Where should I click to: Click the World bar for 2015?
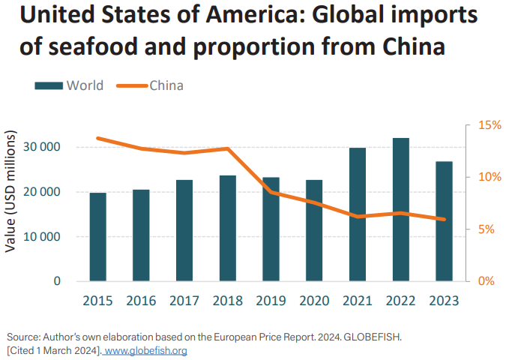pyautogui.click(x=98, y=237)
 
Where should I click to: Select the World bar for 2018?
pyautogui.click(x=228, y=228)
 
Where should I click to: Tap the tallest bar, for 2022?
pyautogui.click(x=401, y=209)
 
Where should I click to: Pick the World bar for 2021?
pyautogui.click(x=358, y=214)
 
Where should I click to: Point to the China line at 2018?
pyautogui.click(x=228, y=148)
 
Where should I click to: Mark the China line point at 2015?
pyautogui.click(x=98, y=138)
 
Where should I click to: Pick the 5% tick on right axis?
pyautogui.click(x=481, y=229)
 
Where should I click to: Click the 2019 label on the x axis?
pyautogui.click(x=271, y=300)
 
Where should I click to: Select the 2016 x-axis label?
pyautogui.click(x=142, y=300)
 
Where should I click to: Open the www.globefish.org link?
pyautogui.click(x=145, y=350)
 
